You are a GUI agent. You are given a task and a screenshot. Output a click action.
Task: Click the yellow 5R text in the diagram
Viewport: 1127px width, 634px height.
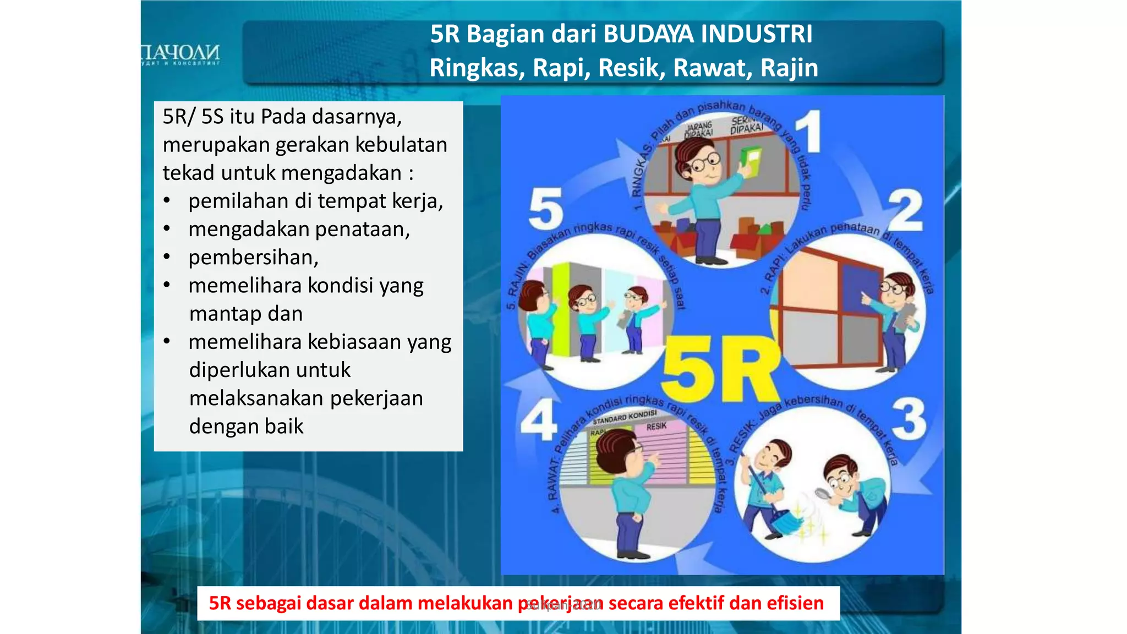[721, 369]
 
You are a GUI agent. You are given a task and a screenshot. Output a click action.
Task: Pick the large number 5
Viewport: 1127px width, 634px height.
[545, 209]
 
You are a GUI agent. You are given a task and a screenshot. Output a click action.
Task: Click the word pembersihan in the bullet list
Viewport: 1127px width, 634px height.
[253, 258]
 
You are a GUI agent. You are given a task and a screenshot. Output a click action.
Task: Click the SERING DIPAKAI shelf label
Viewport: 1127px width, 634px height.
[747, 125]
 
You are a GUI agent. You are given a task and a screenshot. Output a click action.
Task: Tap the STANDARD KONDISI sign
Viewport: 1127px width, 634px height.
[625, 417]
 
